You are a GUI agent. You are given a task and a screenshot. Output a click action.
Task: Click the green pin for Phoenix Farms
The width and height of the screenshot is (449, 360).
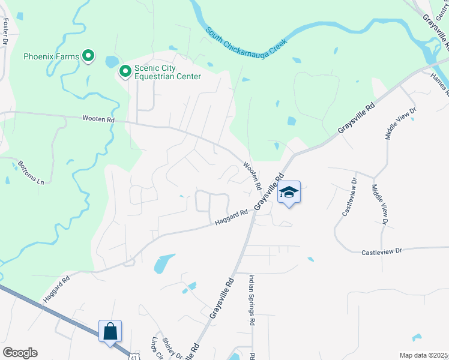(88, 56)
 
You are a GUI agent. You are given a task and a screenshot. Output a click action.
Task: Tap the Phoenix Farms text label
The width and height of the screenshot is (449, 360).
(51, 57)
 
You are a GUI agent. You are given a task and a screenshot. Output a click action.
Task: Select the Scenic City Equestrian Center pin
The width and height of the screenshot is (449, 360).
(125, 72)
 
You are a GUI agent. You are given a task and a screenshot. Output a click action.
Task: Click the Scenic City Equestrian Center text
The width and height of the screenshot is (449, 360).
(167, 72)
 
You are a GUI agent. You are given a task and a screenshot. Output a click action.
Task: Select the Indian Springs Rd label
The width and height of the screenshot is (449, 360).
(252, 300)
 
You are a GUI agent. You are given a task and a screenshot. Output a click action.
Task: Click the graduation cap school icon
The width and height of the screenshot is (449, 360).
(289, 192)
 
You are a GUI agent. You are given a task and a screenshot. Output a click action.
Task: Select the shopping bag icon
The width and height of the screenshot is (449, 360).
(110, 331)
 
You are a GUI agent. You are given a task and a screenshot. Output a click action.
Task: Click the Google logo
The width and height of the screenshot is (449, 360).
(20, 353)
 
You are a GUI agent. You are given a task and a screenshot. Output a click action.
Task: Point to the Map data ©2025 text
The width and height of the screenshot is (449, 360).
(423, 355)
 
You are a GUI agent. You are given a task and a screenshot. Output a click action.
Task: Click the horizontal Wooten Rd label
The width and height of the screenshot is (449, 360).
(98, 119)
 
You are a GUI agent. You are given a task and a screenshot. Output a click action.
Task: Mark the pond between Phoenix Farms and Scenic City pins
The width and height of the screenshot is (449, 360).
(112, 61)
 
